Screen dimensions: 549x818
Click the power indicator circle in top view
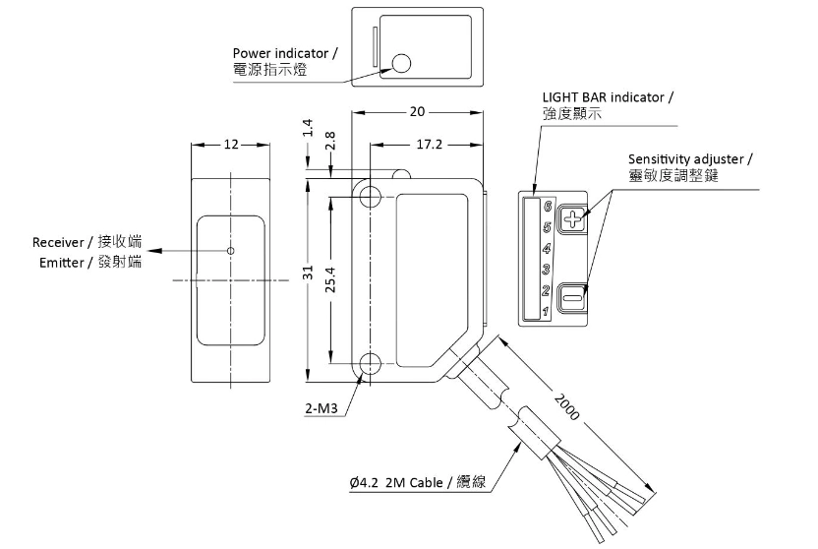401,64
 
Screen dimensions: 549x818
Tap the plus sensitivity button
572,218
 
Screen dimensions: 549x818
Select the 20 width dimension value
417,111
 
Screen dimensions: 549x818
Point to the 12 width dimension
230,144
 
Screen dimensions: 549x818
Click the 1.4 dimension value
307,126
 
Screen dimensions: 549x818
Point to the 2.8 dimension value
330,141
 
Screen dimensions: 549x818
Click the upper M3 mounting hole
371,195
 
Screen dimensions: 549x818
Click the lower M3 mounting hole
371,365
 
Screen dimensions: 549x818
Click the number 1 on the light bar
545,313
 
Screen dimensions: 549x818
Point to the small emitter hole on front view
230,250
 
